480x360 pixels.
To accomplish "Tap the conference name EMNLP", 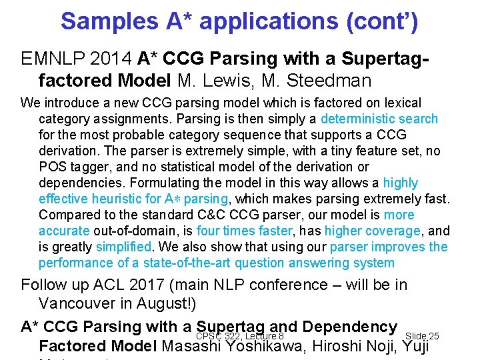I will click(x=52, y=59).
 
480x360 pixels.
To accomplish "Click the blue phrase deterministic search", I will click(x=379, y=119).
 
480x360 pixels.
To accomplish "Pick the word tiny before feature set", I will click(x=339, y=151).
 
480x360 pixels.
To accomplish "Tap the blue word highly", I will click(x=400, y=183).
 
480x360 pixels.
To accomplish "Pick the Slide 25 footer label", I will click(x=421, y=336).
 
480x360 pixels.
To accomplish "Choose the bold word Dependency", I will click(x=349, y=327).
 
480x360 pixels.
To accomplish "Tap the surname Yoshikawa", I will click(x=282, y=346).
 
